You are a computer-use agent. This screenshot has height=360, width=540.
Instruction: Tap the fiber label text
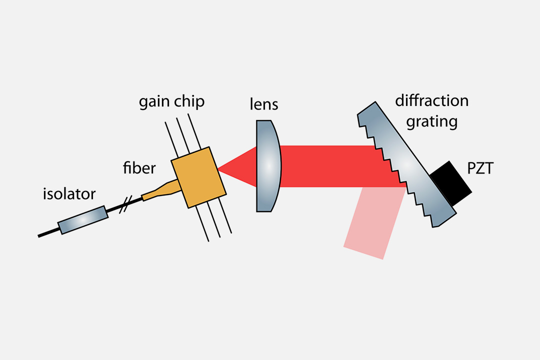(x=139, y=168)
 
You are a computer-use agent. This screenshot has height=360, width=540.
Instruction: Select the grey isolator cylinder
(x=83, y=220)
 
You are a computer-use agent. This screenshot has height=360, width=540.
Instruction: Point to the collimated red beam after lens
(x=330, y=165)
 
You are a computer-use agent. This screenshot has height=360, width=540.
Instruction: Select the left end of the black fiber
(x=40, y=235)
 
